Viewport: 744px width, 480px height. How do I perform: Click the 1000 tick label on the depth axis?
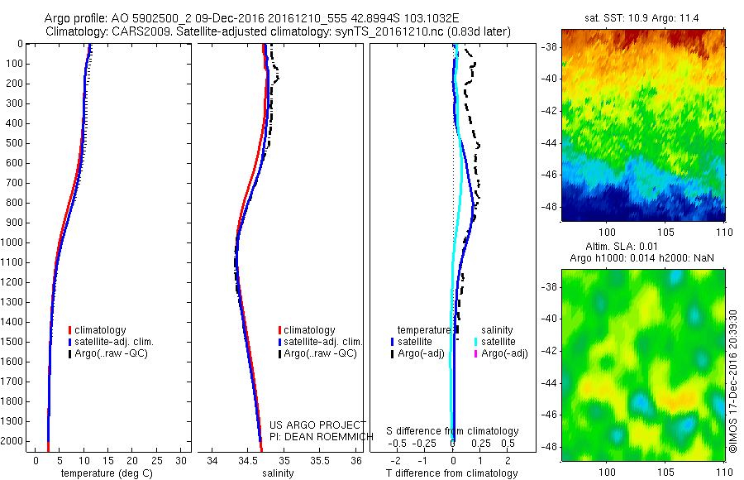point(14,242)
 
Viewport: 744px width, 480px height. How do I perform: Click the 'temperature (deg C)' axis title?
point(106,473)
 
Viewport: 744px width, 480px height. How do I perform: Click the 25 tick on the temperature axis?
point(157,459)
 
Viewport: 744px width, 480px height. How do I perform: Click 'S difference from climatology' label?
point(453,431)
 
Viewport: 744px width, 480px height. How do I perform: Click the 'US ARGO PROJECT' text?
point(317,425)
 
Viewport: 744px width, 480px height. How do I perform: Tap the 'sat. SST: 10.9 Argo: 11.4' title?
point(643,17)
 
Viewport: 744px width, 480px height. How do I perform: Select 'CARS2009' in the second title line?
point(135,31)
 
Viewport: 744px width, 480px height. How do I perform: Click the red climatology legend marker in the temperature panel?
point(70,330)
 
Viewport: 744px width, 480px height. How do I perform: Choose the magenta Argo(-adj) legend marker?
point(476,353)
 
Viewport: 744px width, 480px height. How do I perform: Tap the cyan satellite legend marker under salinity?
point(476,341)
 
